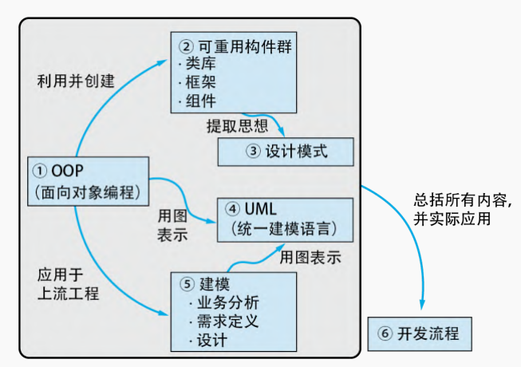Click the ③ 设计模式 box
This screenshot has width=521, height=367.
(286, 150)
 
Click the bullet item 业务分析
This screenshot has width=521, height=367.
(226, 304)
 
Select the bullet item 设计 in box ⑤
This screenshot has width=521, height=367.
(211, 341)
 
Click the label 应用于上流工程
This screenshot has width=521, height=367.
(68, 284)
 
